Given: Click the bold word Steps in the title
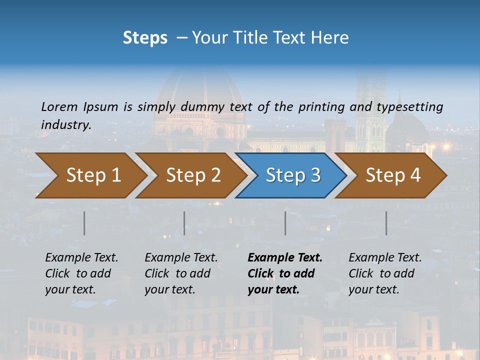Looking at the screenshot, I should [145, 38].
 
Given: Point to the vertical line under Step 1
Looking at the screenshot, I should [84, 223].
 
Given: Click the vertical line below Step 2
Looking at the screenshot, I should [184, 223].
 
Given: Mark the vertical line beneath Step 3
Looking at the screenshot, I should [285, 223].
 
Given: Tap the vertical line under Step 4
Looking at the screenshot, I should [386, 223].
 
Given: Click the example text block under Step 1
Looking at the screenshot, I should [81, 273].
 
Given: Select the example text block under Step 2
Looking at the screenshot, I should [181, 273].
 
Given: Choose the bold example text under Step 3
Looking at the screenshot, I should [285, 273].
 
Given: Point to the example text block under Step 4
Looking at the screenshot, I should [385, 273].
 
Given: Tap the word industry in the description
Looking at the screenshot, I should [66, 124].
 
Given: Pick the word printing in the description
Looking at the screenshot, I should [319, 106].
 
